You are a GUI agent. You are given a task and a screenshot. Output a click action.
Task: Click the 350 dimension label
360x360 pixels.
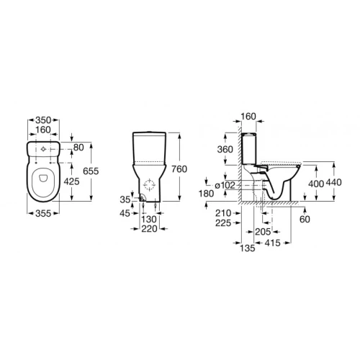point(43,120)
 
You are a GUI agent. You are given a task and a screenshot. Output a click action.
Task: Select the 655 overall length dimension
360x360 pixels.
point(91,171)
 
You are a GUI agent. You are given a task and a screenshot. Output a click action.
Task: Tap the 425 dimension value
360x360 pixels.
point(71,181)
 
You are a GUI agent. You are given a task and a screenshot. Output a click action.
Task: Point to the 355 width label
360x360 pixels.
point(43,213)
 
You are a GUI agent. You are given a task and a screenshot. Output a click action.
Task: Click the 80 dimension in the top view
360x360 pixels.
point(78,148)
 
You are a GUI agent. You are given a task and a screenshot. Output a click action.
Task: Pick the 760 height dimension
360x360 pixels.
point(179,169)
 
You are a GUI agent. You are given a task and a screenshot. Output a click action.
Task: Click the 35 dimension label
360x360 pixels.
point(125,199)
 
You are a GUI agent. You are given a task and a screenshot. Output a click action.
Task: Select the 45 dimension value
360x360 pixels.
point(125,213)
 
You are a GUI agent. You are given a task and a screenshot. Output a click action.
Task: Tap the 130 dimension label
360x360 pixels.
point(149,219)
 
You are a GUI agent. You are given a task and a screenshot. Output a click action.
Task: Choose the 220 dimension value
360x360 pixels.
point(149,229)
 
